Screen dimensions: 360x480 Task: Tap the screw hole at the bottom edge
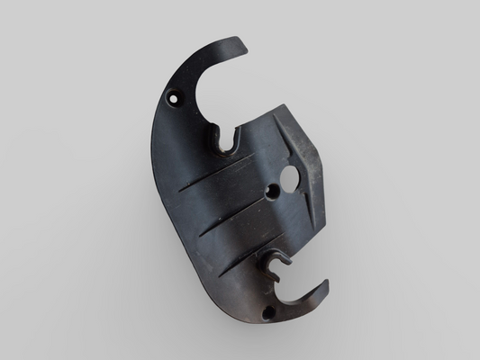(x=267, y=312)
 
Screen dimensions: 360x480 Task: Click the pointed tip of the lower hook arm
(x=325, y=284)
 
